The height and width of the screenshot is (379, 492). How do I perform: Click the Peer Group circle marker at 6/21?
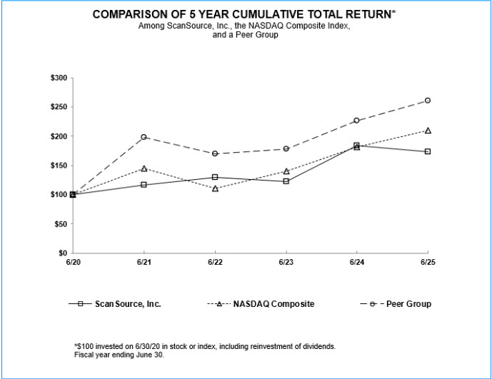tap(144, 136)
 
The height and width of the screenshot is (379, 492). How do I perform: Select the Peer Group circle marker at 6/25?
tap(428, 101)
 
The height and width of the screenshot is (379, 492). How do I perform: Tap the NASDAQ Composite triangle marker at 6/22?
tap(214, 188)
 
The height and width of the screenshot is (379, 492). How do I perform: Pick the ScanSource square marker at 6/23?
tap(286, 181)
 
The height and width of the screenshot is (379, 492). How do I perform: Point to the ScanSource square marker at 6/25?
tap(428, 151)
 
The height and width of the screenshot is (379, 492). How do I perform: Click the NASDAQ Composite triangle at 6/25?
tap(428, 131)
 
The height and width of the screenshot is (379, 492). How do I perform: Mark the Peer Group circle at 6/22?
tap(214, 153)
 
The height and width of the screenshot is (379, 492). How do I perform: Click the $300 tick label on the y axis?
tap(59, 78)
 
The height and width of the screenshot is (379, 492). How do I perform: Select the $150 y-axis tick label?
tap(59, 166)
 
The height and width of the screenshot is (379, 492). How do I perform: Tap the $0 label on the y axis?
tap(62, 253)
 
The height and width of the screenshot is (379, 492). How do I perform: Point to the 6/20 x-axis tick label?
tap(72, 263)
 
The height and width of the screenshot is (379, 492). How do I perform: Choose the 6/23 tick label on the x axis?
tap(286, 263)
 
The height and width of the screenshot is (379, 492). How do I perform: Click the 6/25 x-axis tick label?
tap(428, 263)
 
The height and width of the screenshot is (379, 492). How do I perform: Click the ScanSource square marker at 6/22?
tap(214, 177)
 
